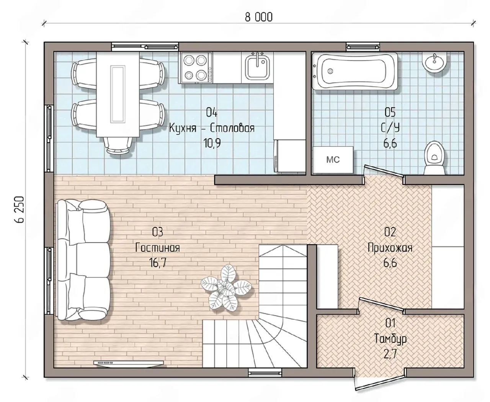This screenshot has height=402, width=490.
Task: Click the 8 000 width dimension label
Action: point(259,18)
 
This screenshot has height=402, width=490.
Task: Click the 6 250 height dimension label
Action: point(20,209)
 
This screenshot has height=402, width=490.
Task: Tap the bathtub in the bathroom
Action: point(355,71)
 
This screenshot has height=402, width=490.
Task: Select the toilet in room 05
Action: point(435,158)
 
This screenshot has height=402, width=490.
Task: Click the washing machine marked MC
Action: point(333,160)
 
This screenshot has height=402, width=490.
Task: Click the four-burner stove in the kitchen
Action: point(195,68)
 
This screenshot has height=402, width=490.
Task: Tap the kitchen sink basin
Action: point(257,67)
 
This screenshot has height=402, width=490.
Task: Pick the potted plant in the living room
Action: point(226,288)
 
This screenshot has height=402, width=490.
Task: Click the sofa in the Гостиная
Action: point(83,260)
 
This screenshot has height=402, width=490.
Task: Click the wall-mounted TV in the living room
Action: point(129,363)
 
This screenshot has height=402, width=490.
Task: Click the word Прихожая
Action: point(390,248)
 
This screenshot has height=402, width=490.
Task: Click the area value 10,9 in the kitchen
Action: point(212,143)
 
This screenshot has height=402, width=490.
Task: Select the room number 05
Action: point(390,112)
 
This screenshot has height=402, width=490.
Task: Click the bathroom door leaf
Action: point(384,173)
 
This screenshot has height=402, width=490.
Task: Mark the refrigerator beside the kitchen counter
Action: point(290,156)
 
